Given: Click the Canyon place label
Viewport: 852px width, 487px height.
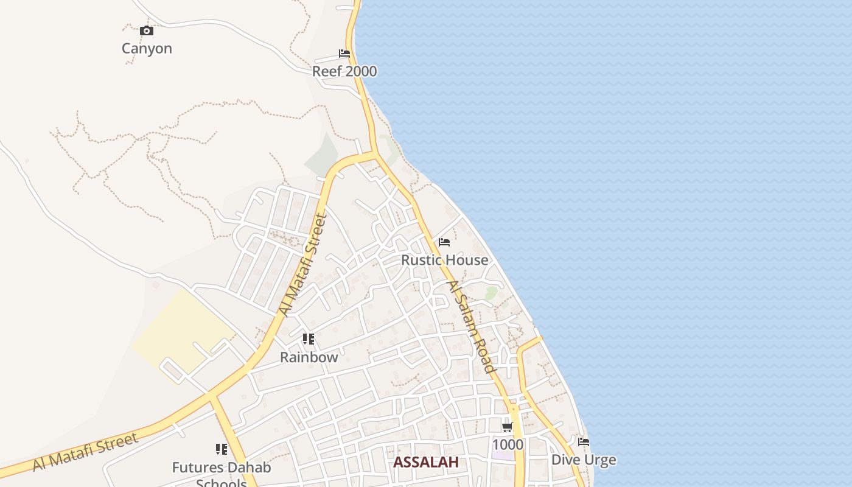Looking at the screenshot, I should click(147, 49).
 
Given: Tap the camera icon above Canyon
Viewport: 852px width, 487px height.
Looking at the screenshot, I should click(147, 31).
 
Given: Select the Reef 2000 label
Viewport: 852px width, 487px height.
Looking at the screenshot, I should click(344, 71).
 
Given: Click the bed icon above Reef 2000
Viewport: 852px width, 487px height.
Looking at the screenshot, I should click(344, 54).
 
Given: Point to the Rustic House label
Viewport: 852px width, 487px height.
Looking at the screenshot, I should click(444, 260).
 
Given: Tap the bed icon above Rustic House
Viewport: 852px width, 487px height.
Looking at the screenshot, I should click(444, 242).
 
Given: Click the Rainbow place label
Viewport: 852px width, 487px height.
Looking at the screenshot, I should click(309, 357).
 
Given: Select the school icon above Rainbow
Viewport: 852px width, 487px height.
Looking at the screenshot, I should click(309, 339).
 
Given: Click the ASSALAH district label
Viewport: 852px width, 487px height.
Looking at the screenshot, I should click(425, 462).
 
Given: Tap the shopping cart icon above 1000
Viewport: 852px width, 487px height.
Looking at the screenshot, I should click(508, 427).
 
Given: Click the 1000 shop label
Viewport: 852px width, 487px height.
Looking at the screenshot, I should click(508, 444).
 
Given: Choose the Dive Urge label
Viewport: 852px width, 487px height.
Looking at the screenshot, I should click(584, 460).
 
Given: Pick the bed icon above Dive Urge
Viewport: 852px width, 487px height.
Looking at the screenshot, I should click(584, 442).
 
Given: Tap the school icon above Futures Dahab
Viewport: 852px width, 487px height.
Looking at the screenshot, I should click(222, 450).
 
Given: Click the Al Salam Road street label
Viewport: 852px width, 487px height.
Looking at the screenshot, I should click(471, 326).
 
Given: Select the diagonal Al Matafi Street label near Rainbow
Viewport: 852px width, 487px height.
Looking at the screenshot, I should click(303, 265).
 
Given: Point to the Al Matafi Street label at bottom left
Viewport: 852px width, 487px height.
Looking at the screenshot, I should click(85, 452).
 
